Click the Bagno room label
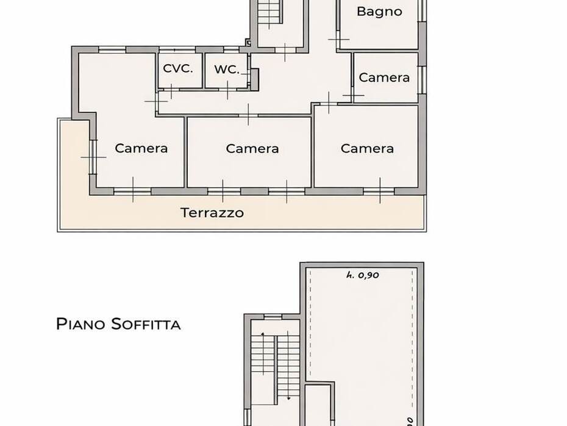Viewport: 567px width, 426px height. click(379, 12)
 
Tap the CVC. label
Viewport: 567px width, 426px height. click(177, 68)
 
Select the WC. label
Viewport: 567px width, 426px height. click(227, 69)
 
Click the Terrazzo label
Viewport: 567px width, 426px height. click(212, 213)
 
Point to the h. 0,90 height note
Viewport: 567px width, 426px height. click(362, 275)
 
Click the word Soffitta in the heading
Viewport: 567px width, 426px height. click(146, 324)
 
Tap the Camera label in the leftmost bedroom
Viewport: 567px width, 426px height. click(141, 148)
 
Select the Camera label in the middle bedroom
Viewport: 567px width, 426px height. click(252, 149)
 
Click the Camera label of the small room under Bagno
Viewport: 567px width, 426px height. click(384, 78)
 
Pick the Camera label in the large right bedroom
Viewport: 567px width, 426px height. click(367, 148)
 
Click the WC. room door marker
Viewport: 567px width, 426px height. click(227, 89)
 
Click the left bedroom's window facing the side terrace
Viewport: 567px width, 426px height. click(93, 157)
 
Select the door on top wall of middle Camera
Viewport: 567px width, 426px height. click(248, 115)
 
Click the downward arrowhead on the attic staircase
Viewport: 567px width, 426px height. click(288, 399)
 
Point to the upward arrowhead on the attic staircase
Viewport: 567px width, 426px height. click(262, 334)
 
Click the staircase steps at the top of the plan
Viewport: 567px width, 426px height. click(269, 12)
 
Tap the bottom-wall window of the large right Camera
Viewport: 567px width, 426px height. click(379, 192)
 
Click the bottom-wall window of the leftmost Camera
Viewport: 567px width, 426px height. click(133, 192)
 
